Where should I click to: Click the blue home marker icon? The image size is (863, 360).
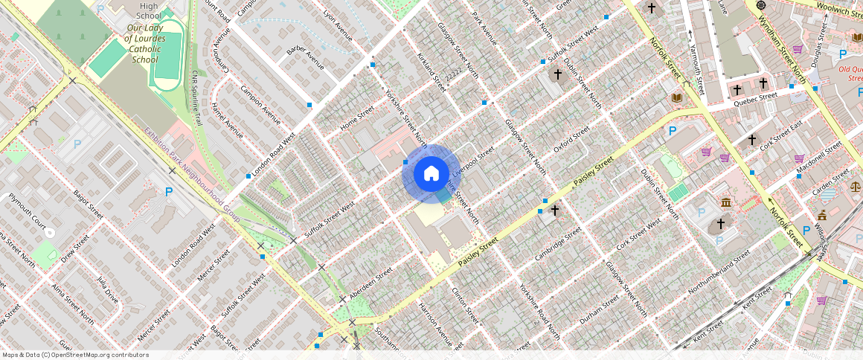[x=431, y=174]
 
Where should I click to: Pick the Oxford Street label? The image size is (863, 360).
[x=571, y=139]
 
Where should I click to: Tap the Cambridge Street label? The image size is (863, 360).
[x=559, y=245]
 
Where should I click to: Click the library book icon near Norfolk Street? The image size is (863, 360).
[x=677, y=98]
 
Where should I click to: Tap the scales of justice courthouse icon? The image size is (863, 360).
[x=855, y=181]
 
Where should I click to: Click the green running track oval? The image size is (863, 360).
[x=164, y=56]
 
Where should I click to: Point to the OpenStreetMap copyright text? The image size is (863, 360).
[x=75, y=355]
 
